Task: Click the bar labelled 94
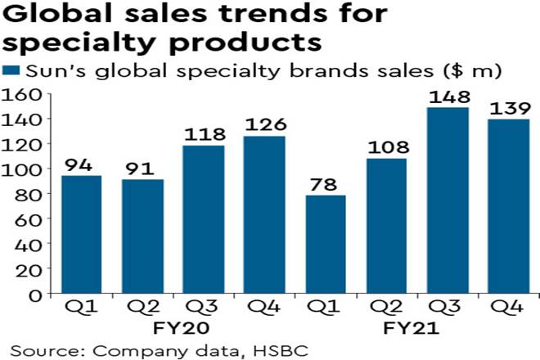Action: (82, 234)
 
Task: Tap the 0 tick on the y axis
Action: (37, 295)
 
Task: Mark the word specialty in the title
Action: (89, 43)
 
